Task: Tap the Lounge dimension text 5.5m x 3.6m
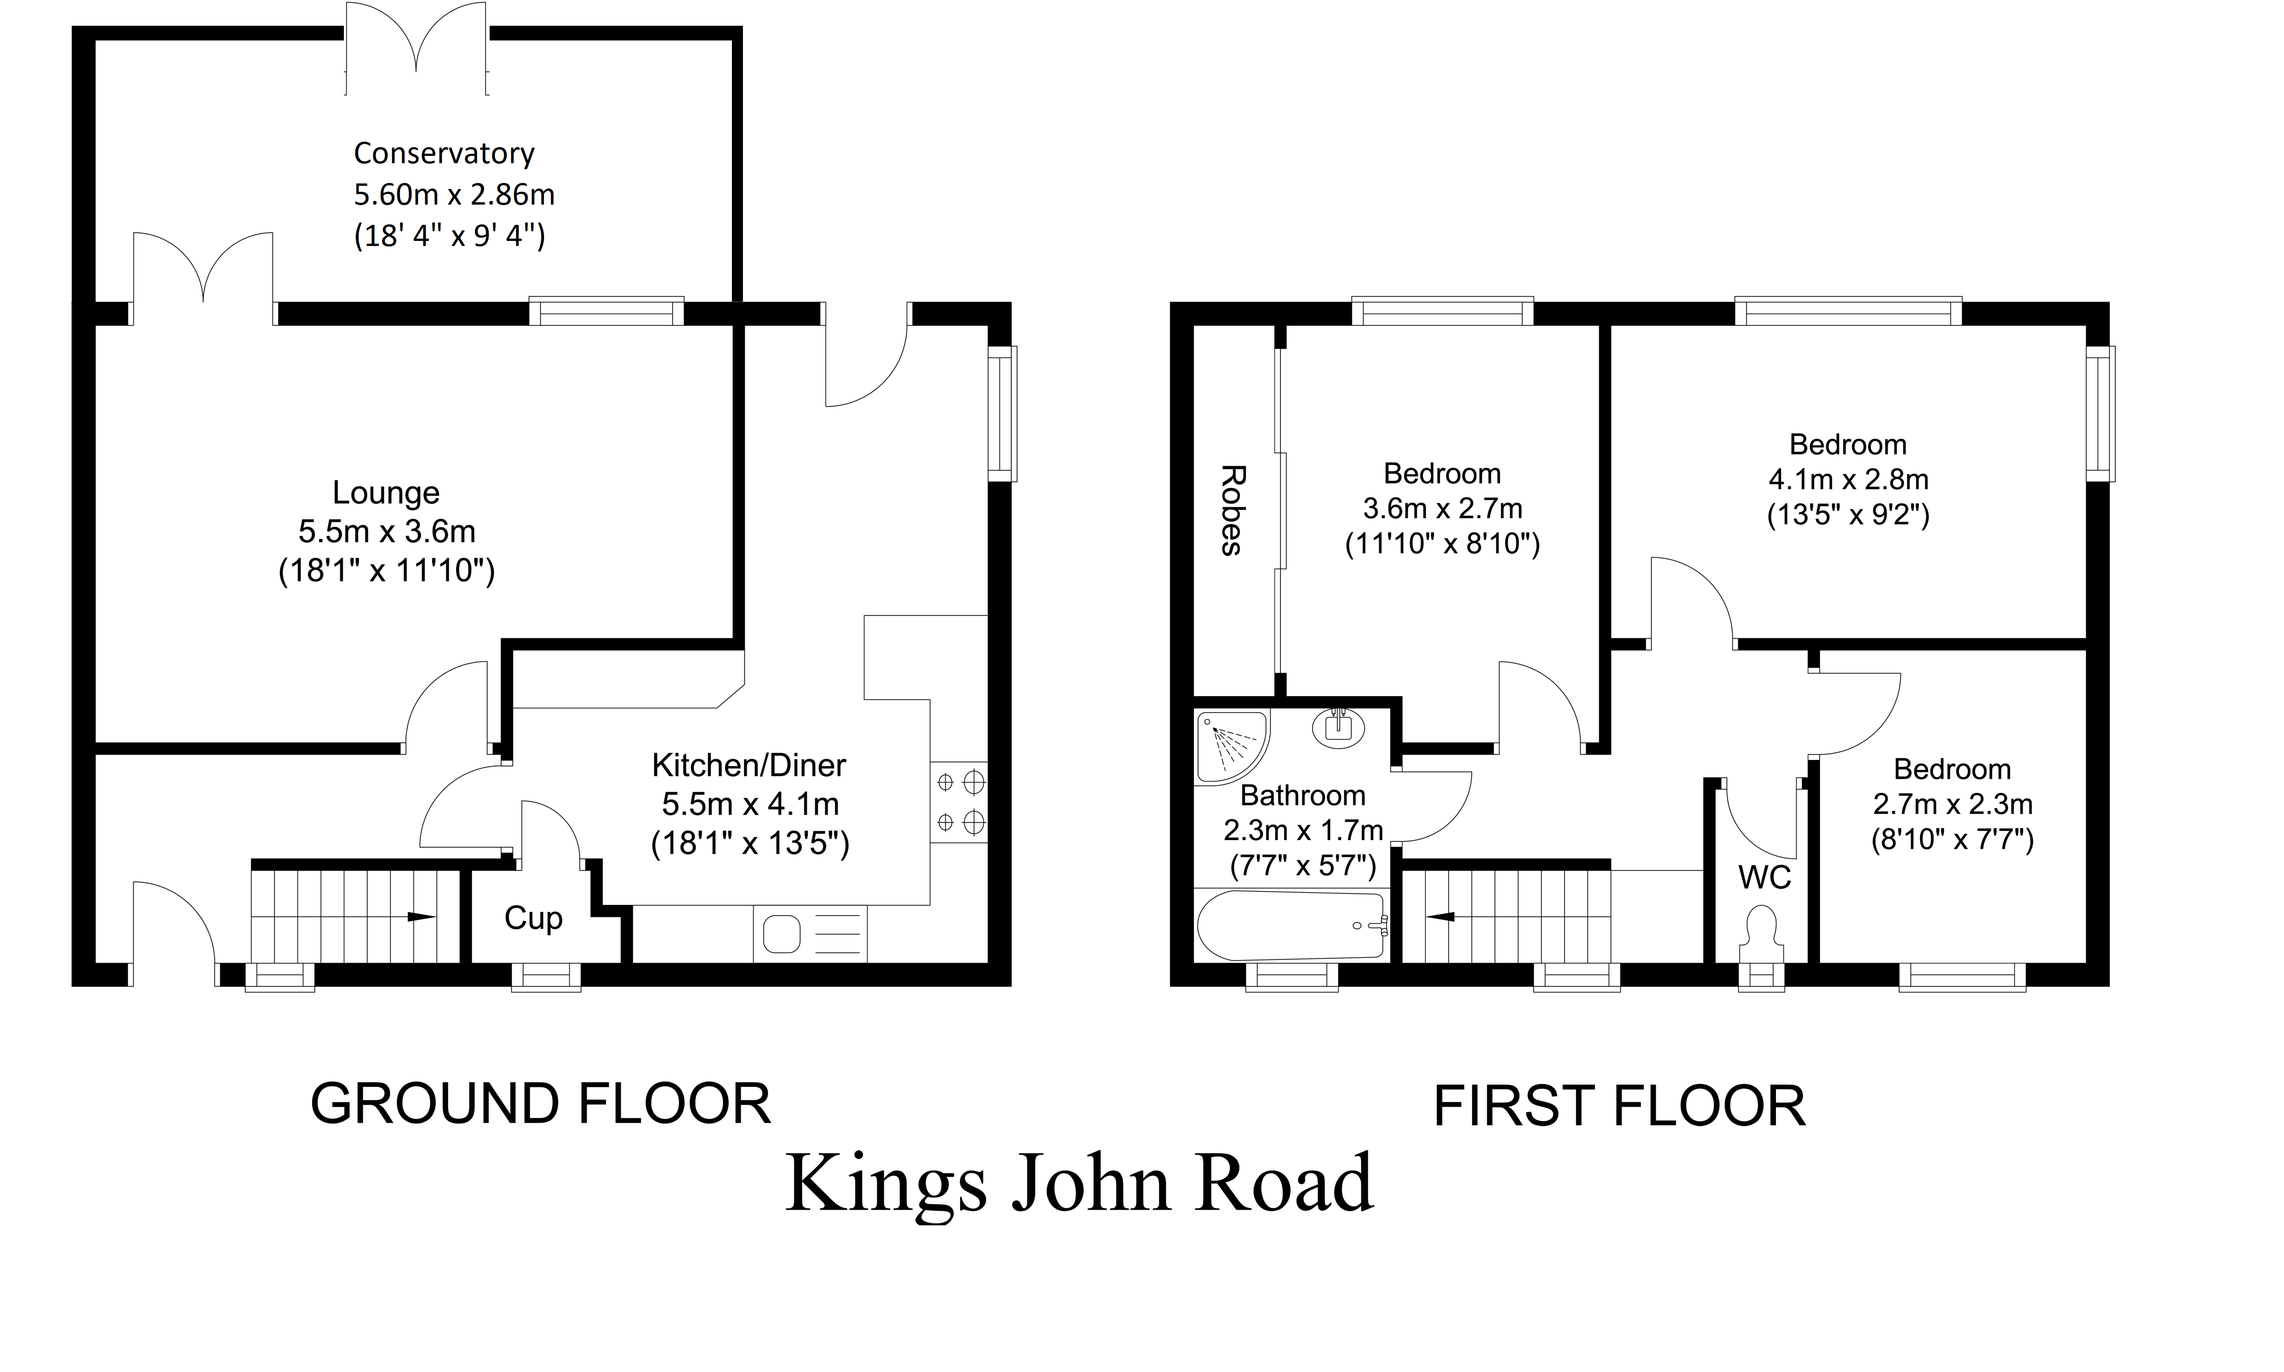click(386, 532)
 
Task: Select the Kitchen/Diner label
click(749, 766)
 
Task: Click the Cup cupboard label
click(533, 918)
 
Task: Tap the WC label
click(1764, 877)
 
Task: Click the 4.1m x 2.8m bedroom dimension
click(1848, 480)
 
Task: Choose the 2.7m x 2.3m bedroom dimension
click(1952, 804)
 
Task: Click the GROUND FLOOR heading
click(541, 1104)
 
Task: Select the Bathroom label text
click(1302, 796)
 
